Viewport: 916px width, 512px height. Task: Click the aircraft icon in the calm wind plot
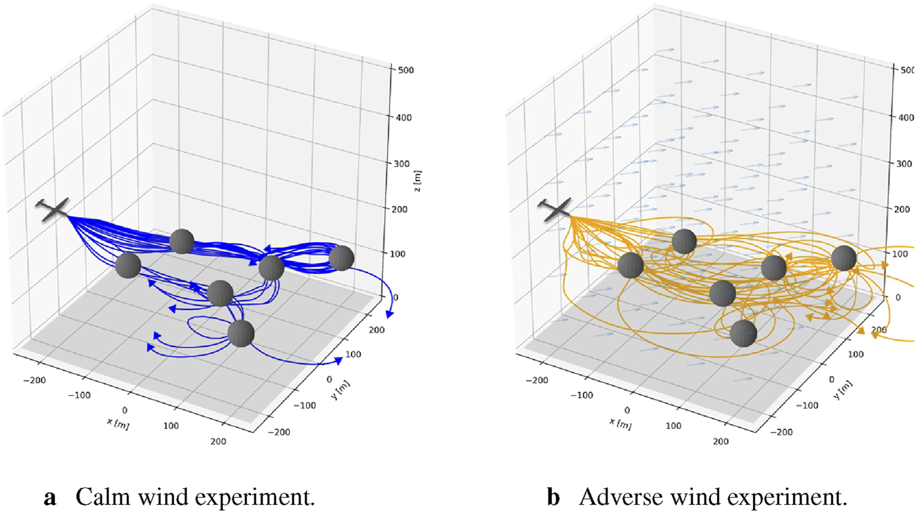click(54, 210)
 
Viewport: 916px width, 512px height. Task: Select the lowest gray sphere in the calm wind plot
click(241, 333)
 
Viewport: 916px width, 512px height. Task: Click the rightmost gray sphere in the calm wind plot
click(341, 258)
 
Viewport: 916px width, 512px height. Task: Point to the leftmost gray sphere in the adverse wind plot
click(631, 265)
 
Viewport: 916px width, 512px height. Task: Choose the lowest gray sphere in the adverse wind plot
click(744, 333)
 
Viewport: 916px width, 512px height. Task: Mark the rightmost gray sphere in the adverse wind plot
click(844, 258)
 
